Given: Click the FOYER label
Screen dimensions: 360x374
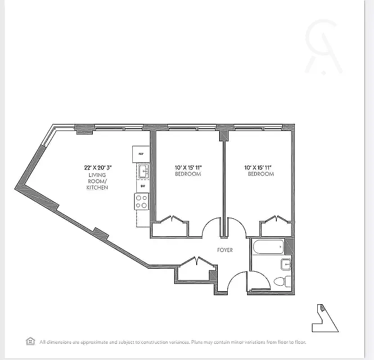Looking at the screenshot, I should [225, 250].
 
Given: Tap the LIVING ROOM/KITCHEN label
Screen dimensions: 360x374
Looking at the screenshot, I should [97, 181].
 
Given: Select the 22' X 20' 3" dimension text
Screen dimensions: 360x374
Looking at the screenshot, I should [97, 167].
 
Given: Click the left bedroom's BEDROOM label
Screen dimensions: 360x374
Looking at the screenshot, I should [188, 174].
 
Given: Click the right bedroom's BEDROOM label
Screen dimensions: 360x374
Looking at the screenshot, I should [261, 174].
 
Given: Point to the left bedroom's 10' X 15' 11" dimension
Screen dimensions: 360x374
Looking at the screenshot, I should [188, 167].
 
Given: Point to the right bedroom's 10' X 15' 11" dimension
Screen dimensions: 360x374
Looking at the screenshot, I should [261, 167].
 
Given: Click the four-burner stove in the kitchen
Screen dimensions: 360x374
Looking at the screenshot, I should [142, 201].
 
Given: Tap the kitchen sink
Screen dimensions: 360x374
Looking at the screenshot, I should [143, 171].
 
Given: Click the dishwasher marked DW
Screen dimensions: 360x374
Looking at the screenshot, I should [143, 186].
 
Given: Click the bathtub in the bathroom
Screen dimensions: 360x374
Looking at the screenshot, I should [269, 247].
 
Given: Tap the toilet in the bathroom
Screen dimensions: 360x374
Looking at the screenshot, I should [280, 282].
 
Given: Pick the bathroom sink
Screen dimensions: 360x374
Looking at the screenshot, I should [286, 264].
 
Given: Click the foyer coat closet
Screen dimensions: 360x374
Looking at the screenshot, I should [195, 272].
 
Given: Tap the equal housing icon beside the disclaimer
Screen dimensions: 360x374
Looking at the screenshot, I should [31, 341].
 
